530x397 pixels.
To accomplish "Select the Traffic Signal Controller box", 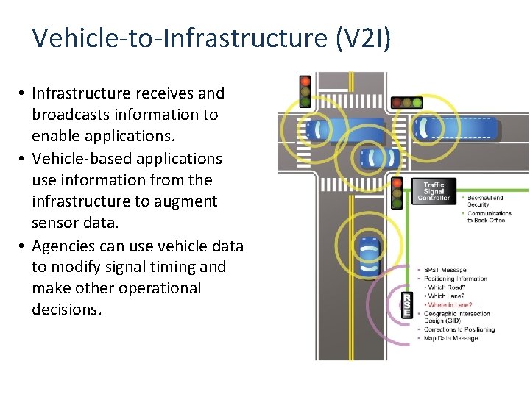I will [434, 190].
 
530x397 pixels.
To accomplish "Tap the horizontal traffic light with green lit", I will [407, 103].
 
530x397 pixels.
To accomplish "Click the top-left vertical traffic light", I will [305, 90].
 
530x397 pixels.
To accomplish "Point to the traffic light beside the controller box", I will [397, 193].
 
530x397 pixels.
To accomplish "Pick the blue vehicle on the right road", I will [456, 129].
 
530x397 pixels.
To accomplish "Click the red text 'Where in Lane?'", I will [451, 304].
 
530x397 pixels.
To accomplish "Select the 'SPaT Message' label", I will [445, 271].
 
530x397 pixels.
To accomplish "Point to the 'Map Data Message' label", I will [451, 338].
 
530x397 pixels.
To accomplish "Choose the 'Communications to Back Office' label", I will [489, 217].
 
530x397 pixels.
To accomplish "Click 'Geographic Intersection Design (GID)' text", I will [456, 317].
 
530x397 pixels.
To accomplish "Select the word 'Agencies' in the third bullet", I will [62, 245].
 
